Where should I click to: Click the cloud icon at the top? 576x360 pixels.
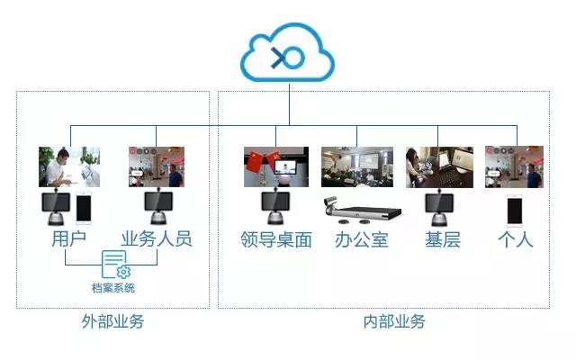pos(288,56)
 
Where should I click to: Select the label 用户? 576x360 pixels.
pos(67,239)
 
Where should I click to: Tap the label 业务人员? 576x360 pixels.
pos(157,239)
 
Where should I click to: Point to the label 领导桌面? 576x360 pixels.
pos(276,239)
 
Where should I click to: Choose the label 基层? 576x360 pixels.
pos(442,239)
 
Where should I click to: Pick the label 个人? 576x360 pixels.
pos(515,239)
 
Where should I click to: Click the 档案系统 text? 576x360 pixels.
pos(112,288)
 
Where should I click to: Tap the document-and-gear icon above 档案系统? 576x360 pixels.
pos(114,265)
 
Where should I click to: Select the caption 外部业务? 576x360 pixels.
pos(112,321)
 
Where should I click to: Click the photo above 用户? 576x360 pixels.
pos(67,166)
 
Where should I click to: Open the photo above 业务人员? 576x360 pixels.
pos(157,166)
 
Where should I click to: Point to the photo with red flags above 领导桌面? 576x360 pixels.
pos(276,166)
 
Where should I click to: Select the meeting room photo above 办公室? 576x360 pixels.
pos(358,166)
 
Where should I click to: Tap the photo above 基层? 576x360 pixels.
pos(439,166)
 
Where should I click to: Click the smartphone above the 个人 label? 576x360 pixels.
pos(515,211)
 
